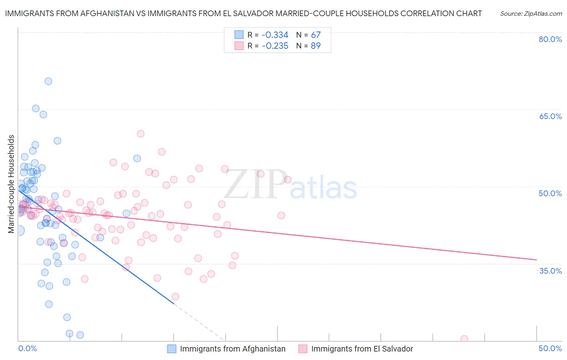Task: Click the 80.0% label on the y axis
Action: coord(550,40)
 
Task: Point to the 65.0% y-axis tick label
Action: coord(550,117)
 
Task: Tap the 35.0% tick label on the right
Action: coord(550,271)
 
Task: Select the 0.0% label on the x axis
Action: coord(27,349)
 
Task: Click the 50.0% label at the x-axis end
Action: coord(550,349)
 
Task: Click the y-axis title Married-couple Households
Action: coord(11,184)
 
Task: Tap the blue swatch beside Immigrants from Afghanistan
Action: coord(172,349)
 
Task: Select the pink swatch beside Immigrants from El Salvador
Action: coord(303,349)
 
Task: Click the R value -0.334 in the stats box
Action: coord(275,35)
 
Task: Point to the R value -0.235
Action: coord(275,46)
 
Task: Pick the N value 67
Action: coord(316,35)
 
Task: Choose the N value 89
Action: coord(316,46)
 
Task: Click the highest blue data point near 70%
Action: coord(48,81)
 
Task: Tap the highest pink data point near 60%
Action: coord(140,134)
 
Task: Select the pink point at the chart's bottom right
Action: coord(464,339)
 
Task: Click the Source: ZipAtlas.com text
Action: coord(531,14)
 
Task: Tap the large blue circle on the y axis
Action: coord(19,230)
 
